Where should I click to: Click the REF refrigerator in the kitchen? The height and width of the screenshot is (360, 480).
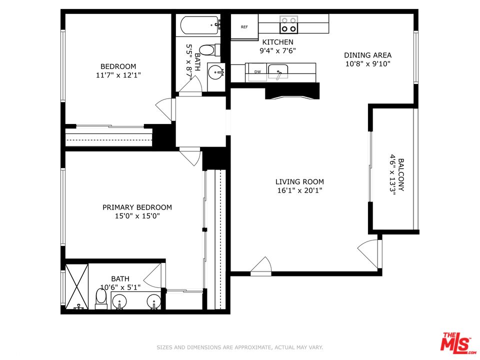click(x=244, y=27)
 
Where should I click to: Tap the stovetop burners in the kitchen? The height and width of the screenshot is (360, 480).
click(x=288, y=24)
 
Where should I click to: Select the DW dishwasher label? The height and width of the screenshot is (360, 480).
click(x=258, y=72)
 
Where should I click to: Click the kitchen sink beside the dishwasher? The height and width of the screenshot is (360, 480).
click(x=278, y=71)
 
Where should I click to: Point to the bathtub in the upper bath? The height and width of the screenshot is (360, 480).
click(x=199, y=25)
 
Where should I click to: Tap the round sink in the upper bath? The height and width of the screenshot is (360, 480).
click(x=216, y=72)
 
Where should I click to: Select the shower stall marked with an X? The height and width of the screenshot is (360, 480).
click(x=77, y=286)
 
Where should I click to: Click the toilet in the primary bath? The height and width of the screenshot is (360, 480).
click(x=101, y=299)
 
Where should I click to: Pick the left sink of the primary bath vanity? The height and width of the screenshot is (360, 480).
click(x=118, y=302)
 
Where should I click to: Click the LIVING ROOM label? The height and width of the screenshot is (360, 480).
click(x=299, y=182)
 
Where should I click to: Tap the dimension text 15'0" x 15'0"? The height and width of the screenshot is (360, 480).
click(x=137, y=216)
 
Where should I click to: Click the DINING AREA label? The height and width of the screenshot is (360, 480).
click(x=367, y=55)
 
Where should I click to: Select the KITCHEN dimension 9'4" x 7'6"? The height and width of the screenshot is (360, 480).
click(x=277, y=50)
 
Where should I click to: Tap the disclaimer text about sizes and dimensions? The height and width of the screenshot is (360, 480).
click(x=239, y=347)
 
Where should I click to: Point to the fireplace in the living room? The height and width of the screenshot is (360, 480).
click(x=292, y=91)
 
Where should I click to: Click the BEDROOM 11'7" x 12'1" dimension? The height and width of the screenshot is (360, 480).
click(x=118, y=75)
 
